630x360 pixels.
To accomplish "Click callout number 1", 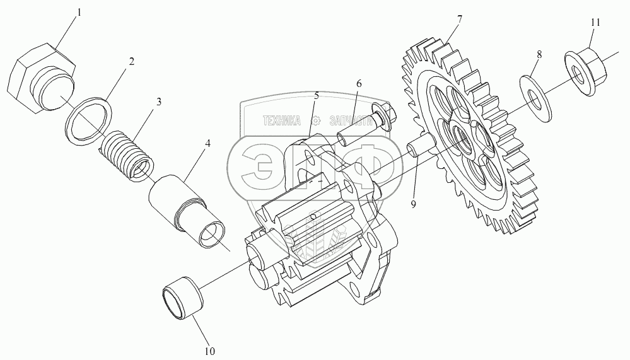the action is pyautogui.click(x=79, y=13).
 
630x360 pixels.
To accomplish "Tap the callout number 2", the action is pyautogui.click(x=131, y=62).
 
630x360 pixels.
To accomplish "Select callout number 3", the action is pyautogui.click(x=159, y=101).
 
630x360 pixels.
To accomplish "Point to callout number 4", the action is pyautogui.click(x=207, y=144).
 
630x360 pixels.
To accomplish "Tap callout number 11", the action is pyautogui.click(x=595, y=22).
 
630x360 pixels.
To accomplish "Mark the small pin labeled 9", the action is pyautogui.click(x=419, y=149).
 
